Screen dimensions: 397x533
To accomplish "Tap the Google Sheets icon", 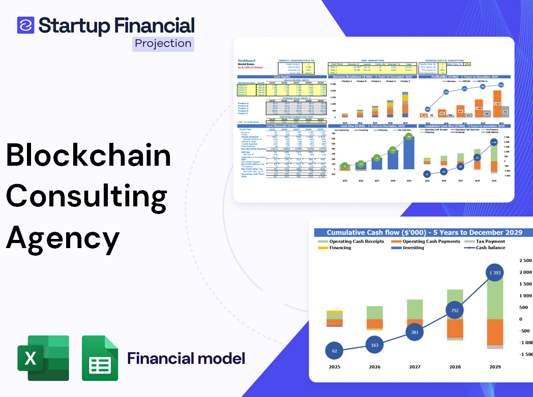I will (100, 358).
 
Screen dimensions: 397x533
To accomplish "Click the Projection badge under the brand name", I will (163, 44).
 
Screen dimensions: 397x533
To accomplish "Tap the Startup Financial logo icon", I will (25, 25).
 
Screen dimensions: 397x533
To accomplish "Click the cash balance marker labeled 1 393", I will (494, 273).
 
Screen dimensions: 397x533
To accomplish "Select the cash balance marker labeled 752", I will (455, 311).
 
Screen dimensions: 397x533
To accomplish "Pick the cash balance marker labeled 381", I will (414, 332).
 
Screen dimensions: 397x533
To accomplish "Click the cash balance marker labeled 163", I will (374, 345).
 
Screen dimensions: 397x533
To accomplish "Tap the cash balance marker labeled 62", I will (334, 351).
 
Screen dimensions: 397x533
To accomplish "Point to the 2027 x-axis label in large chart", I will (414, 367).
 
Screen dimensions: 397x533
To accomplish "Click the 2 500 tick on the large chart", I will (525, 261).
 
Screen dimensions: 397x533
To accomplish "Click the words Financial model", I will (186, 358).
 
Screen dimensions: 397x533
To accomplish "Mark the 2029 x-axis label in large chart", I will (494, 367).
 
